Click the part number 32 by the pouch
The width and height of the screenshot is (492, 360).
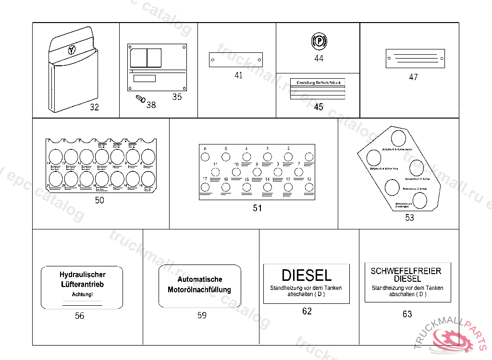(x=94, y=107)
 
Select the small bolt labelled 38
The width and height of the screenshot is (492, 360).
(x=140, y=99)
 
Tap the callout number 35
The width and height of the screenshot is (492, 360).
(x=177, y=97)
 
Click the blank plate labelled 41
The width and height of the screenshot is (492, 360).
(x=235, y=60)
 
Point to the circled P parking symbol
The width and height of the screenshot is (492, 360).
(x=318, y=42)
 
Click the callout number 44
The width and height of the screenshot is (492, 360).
(x=319, y=59)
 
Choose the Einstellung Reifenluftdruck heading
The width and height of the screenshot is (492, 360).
(x=318, y=83)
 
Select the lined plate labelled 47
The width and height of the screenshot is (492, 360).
(x=414, y=58)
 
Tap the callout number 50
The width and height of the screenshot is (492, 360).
(x=99, y=201)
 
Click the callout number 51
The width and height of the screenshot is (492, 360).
(x=258, y=208)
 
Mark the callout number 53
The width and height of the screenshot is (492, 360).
(x=409, y=218)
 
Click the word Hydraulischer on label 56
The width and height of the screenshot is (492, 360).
(x=82, y=275)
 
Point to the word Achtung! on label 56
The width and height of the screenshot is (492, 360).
(x=82, y=294)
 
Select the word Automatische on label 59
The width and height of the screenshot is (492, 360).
(x=200, y=279)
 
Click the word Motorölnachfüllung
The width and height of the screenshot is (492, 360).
(x=199, y=290)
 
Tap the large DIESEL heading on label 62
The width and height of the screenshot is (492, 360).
(x=307, y=276)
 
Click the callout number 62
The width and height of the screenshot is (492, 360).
(x=307, y=311)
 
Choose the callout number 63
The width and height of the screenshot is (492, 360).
(x=407, y=314)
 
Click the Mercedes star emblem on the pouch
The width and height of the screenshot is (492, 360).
(x=72, y=49)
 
